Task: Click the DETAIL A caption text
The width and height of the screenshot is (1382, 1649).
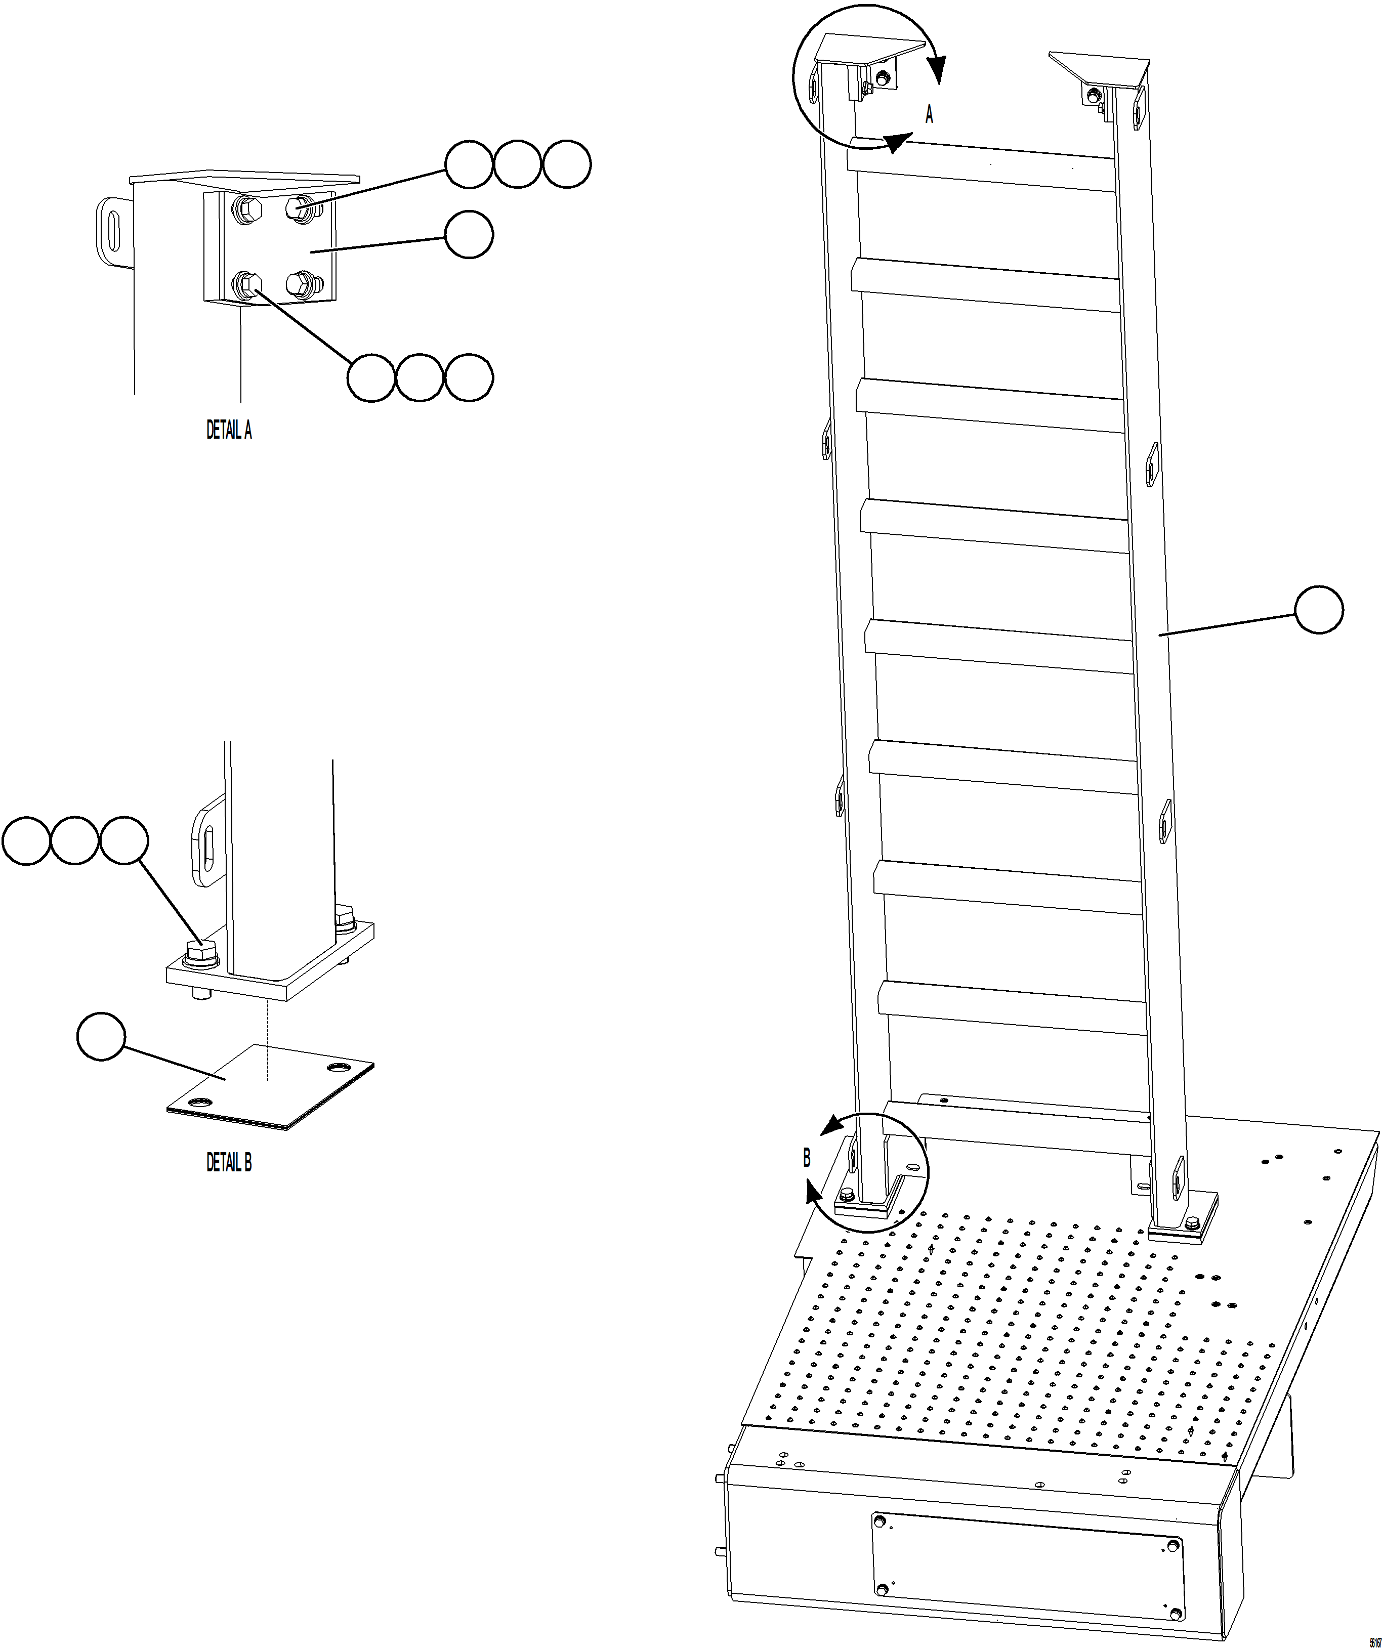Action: (x=229, y=430)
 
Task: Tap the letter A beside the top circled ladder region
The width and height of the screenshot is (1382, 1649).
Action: (x=929, y=115)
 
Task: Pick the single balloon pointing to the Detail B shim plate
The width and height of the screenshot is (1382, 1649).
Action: (x=101, y=1037)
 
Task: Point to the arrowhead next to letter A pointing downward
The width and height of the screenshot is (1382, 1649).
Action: (x=939, y=71)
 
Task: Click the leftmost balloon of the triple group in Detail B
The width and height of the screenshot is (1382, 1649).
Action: (x=26, y=841)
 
